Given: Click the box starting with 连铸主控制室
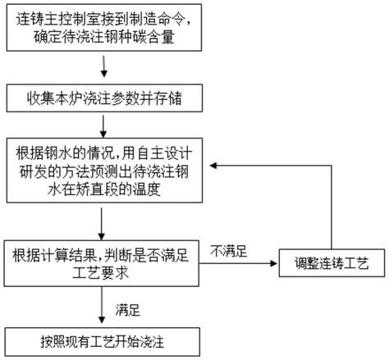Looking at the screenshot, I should coord(101,30).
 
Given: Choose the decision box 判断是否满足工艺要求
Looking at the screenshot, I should coord(101,262).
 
